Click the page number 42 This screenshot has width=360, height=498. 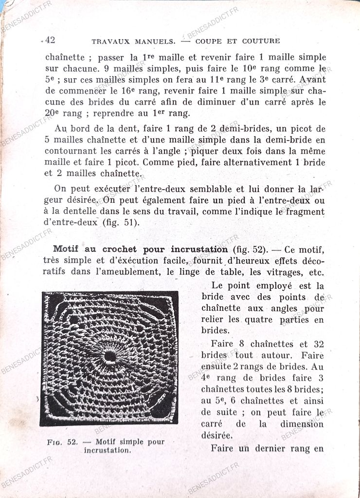50,40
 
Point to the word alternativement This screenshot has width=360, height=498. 256,162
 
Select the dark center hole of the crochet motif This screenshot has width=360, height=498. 110,356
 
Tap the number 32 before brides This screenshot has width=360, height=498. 319,344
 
